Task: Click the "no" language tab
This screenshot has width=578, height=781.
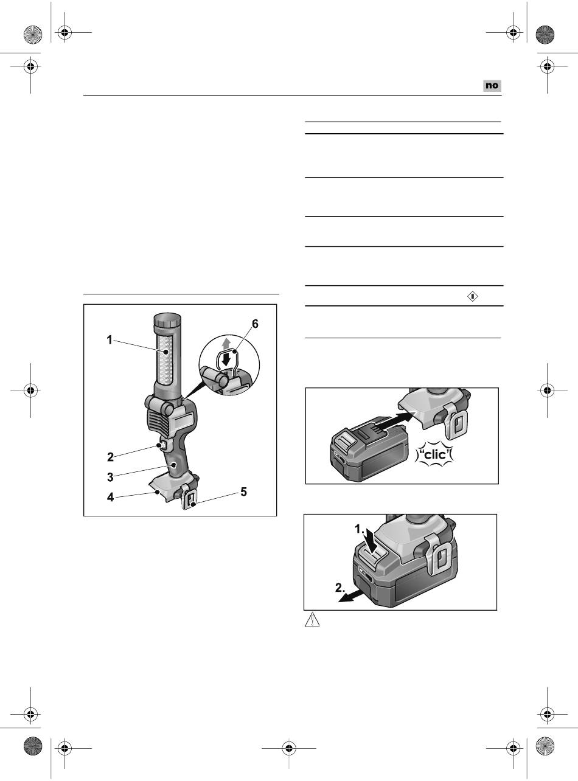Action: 492,86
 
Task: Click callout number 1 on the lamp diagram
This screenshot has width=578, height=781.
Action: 110,340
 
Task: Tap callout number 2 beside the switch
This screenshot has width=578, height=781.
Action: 110,457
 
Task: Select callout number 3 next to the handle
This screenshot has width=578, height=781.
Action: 110,477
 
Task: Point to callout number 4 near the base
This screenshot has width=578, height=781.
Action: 111,497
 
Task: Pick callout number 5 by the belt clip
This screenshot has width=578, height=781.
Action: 244,492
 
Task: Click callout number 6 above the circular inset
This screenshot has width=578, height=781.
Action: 255,324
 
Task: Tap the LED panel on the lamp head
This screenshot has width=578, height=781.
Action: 164,360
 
